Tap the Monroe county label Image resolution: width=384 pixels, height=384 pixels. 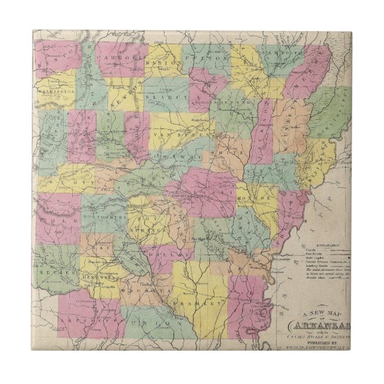point(258,195)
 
